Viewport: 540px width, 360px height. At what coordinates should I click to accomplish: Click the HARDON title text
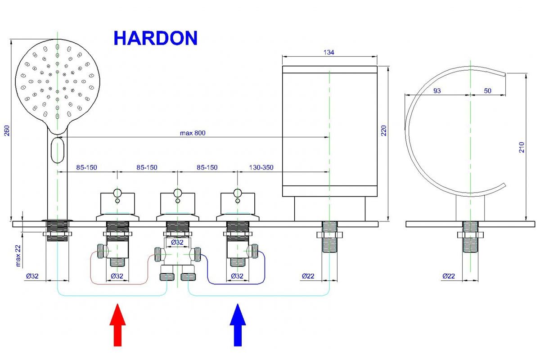coord(155,38)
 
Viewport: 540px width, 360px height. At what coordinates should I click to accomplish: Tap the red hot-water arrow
coord(118,325)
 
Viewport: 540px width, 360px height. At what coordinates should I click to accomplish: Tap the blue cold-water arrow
coord(238,325)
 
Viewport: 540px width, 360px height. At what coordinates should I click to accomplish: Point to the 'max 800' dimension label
coord(193,133)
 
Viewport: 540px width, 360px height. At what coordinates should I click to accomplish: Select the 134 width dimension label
coord(329,53)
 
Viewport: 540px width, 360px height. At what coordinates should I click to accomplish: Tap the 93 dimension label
coord(437,91)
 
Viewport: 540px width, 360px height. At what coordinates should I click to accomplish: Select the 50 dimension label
coord(488,91)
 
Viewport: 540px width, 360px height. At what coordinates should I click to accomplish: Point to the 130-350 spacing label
coord(261,168)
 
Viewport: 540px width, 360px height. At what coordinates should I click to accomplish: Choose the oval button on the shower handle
coord(58,150)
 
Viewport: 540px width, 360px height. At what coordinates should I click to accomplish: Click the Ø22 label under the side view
coord(449,276)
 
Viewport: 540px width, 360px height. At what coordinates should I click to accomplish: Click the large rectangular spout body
coord(329,130)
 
